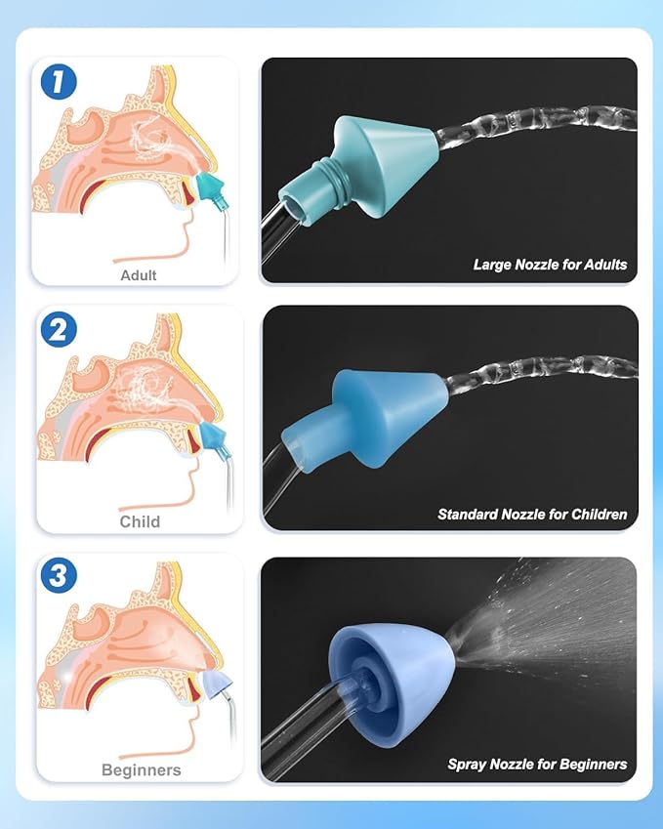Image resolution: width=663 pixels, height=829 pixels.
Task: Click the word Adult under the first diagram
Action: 139,275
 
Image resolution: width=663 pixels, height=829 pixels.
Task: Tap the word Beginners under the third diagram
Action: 142,770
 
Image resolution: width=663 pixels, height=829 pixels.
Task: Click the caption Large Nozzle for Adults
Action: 550,265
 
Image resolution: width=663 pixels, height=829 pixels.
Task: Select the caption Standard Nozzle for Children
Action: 532,514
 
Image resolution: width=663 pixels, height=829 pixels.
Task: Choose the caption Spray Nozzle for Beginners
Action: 537,765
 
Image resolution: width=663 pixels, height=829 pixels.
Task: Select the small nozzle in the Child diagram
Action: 213,435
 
